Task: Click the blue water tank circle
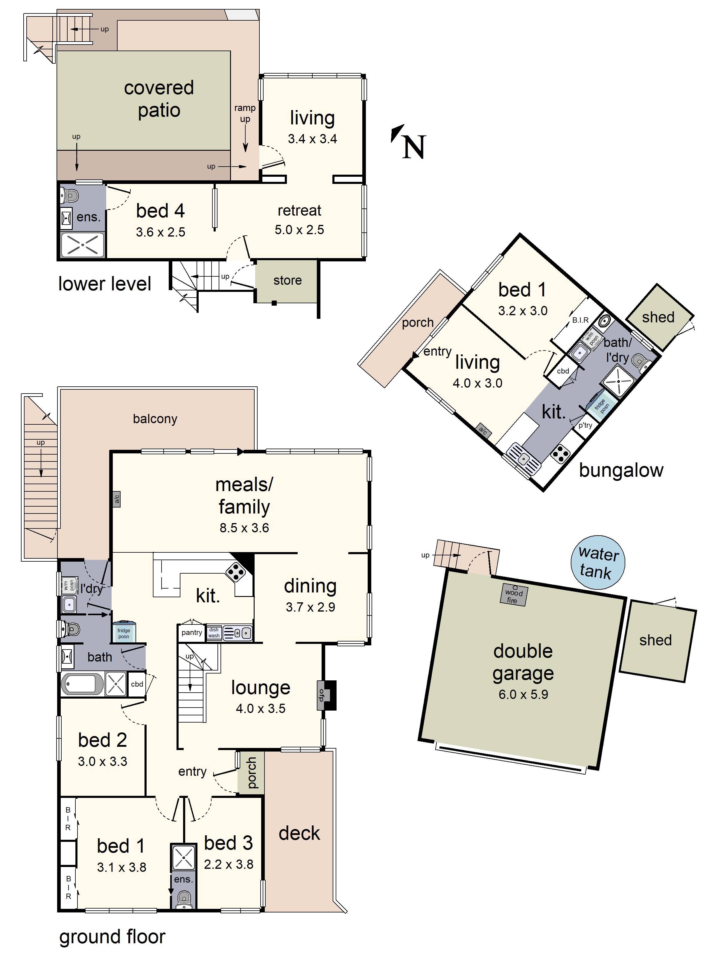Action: coord(598,563)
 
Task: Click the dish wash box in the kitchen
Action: coord(214,633)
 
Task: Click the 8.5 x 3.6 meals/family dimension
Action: coord(244,528)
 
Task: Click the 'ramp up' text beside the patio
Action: coord(245,113)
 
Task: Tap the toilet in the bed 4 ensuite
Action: coord(70,196)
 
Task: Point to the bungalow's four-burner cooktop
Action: coord(561,453)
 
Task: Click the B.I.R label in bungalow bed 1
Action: coord(580,320)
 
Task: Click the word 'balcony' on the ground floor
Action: coord(155,419)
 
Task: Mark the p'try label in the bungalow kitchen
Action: coord(585,425)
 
